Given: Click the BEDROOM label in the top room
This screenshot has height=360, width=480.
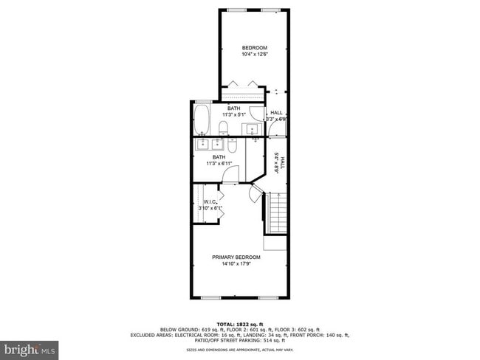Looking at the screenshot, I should click(x=254, y=48).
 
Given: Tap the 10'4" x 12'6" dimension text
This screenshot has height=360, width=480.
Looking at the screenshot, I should click(x=254, y=54).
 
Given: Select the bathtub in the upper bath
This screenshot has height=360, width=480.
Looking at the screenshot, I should click(x=202, y=117).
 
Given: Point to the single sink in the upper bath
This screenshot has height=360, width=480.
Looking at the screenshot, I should click(x=253, y=130).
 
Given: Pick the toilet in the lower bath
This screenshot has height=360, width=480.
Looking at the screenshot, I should click(x=233, y=146).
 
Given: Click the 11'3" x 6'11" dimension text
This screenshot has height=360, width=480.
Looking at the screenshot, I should click(x=219, y=163).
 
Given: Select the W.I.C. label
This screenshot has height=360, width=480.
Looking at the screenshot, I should click(x=209, y=203).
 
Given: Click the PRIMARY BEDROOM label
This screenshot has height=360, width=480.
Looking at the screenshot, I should click(x=236, y=257).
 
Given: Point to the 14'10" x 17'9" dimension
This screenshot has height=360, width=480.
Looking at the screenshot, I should click(x=236, y=263).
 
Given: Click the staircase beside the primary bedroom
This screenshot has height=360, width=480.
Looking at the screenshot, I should click(x=277, y=214).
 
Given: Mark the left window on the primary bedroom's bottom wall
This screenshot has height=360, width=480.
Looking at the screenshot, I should click(x=211, y=297).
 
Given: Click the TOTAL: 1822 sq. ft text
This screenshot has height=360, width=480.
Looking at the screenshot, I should click(x=239, y=325).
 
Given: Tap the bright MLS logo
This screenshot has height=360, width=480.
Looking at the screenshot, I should click(x=30, y=347).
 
